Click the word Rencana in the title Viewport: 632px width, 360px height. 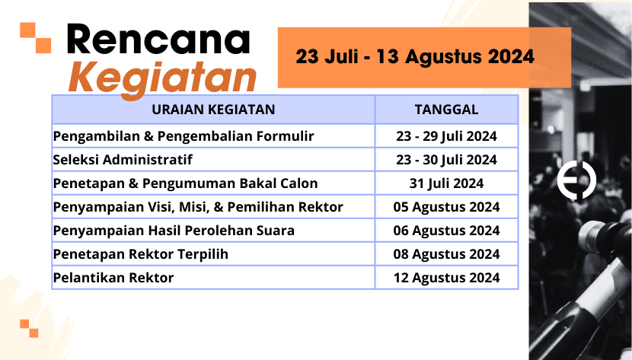pos(158,39)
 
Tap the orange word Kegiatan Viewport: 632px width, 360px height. pos(162,78)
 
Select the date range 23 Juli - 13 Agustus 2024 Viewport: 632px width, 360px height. pos(415,56)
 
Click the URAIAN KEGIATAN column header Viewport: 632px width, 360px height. pos(213,110)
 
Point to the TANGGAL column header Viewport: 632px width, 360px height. pos(447,110)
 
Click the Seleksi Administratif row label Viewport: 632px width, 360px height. pos(123,160)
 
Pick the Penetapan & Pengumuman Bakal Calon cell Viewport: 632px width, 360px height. pos(185,183)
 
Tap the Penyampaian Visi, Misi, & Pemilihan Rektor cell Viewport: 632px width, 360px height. pos(198,207)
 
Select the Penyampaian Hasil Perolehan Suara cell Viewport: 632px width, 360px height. pos(174,231)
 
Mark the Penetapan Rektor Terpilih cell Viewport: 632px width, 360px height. pos(141,254)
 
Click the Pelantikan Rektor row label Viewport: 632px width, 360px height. pos(113,278)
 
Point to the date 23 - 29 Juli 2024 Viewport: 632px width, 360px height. pos(447,136)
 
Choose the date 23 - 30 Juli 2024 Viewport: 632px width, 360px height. pos(447,160)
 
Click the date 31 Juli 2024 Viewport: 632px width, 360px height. pos(447,183)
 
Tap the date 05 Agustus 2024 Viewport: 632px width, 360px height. pos(447,207)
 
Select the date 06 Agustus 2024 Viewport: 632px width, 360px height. pos(447,231)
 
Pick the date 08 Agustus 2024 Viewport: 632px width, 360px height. pos(447,254)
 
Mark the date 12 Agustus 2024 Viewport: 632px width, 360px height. pos(447,278)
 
